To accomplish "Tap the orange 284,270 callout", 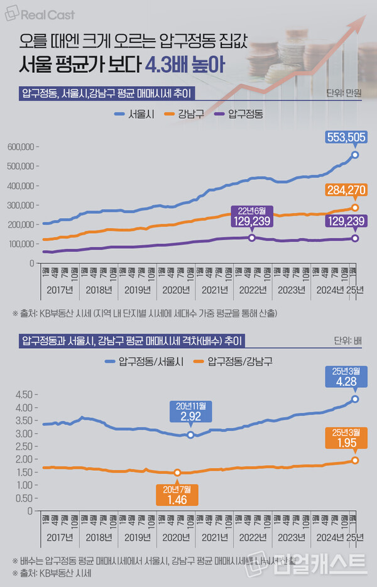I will (346, 190).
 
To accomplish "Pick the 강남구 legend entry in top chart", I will (180, 114).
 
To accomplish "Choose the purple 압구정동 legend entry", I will (238, 114).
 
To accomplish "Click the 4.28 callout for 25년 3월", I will (346, 376).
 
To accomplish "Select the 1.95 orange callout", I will (346, 437).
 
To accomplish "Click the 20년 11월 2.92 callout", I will (190, 412).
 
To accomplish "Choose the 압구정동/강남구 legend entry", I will (233, 361).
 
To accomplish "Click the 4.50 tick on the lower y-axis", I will (24, 395).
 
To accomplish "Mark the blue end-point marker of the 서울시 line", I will (355, 155).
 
